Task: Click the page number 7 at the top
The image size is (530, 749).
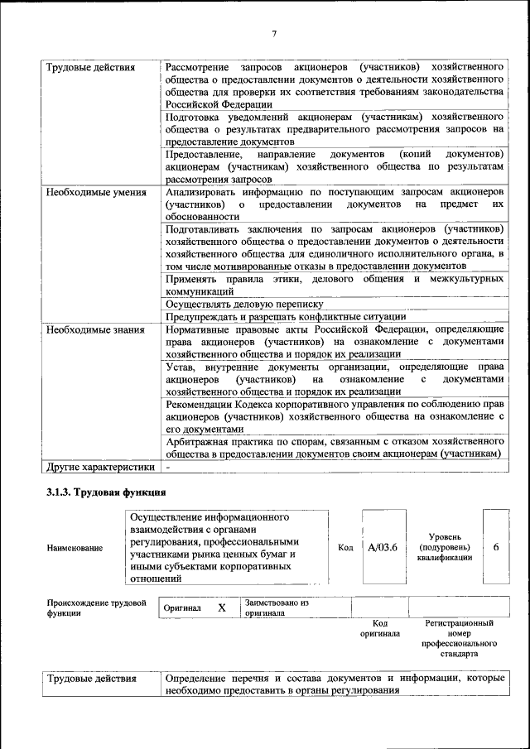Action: tap(273, 32)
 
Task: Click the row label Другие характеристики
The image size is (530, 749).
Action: tap(100, 467)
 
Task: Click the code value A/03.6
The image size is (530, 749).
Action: tap(383, 547)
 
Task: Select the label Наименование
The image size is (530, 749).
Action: tap(75, 548)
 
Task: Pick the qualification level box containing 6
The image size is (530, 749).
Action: tap(495, 547)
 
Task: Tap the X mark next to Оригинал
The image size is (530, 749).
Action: tap(222, 607)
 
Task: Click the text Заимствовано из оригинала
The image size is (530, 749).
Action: tap(276, 608)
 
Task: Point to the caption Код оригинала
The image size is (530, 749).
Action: tap(380, 628)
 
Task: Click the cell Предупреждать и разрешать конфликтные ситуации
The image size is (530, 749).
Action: tap(285, 316)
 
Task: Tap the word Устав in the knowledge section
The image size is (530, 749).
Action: tap(180, 367)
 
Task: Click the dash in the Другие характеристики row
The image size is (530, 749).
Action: tap(168, 467)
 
